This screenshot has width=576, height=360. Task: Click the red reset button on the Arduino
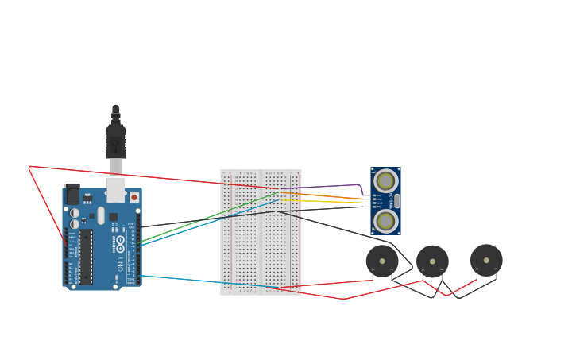[x=133, y=197]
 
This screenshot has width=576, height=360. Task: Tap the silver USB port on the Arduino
[x=115, y=190]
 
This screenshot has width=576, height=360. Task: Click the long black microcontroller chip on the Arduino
[x=85, y=257]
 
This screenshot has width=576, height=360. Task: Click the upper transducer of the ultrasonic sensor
[x=385, y=181]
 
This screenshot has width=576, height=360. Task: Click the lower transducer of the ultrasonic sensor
[x=385, y=220]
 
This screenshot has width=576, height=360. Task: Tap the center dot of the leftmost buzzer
[x=382, y=261]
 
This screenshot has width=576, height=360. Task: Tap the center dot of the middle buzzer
[x=432, y=261]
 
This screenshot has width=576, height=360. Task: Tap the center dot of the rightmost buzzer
[x=486, y=260]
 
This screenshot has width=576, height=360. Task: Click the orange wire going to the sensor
[x=326, y=195]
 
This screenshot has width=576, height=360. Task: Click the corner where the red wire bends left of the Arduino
[x=29, y=167]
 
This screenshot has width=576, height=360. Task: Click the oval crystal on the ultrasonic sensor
[x=397, y=200]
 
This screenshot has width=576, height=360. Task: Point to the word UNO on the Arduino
[x=121, y=263]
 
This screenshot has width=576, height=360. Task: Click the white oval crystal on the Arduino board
[x=101, y=215]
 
